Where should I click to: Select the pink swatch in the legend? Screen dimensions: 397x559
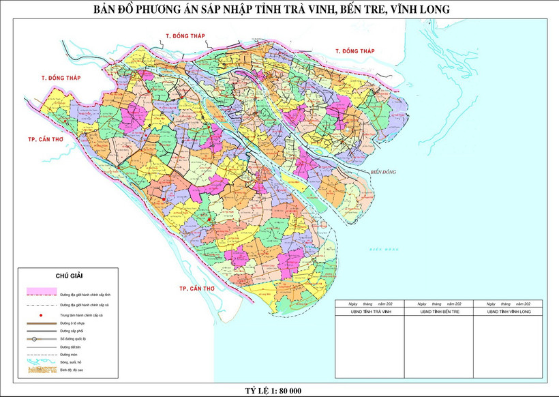click(40, 293)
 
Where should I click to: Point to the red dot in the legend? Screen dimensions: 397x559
click(41, 316)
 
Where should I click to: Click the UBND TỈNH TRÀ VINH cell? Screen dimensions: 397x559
click(369, 311)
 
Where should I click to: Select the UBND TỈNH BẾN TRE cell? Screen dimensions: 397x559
click(438, 311)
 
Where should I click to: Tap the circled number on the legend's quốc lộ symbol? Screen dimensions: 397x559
click(33, 338)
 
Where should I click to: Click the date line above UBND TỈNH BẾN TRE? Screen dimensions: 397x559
click(438, 303)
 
